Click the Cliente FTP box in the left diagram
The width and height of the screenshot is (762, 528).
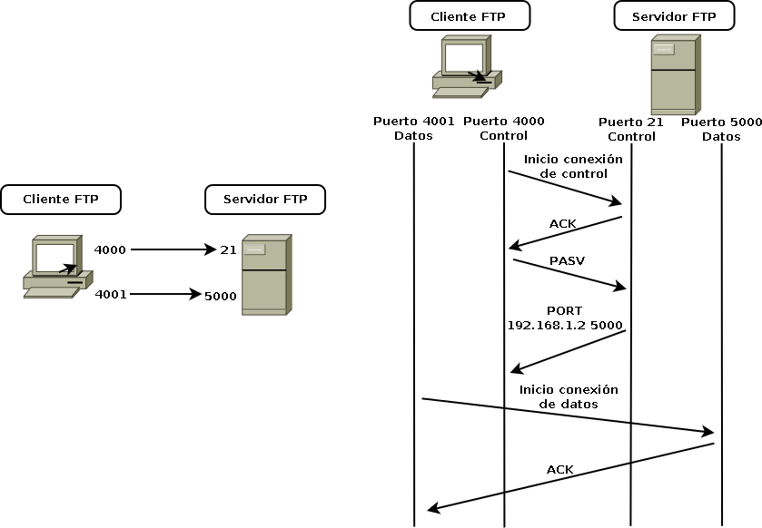click(x=61, y=200)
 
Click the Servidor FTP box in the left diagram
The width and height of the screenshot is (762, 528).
click(x=265, y=200)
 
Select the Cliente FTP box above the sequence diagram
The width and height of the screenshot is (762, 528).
click(x=470, y=16)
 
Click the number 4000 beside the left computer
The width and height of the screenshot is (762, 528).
click(x=110, y=249)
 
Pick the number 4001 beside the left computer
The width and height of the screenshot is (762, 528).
click(x=110, y=294)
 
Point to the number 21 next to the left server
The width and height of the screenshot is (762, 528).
click(x=228, y=249)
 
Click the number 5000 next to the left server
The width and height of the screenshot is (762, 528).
click(x=221, y=295)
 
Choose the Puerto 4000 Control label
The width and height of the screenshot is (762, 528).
click(x=503, y=129)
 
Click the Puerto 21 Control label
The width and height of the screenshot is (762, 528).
click(x=631, y=129)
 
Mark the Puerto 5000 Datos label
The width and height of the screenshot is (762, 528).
click(x=721, y=129)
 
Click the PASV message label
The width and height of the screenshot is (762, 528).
click(x=567, y=261)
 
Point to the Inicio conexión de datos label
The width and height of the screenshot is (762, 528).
click(x=569, y=396)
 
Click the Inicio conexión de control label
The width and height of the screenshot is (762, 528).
click(x=573, y=166)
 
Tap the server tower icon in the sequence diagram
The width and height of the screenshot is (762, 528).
click(x=675, y=74)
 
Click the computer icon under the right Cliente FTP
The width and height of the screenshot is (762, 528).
click(x=464, y=67)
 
